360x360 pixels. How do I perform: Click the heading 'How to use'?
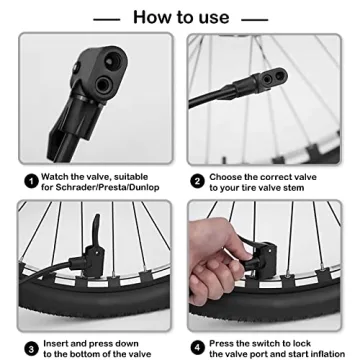180,17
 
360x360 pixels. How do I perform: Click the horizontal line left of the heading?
107,18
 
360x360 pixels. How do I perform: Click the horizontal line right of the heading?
254,18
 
